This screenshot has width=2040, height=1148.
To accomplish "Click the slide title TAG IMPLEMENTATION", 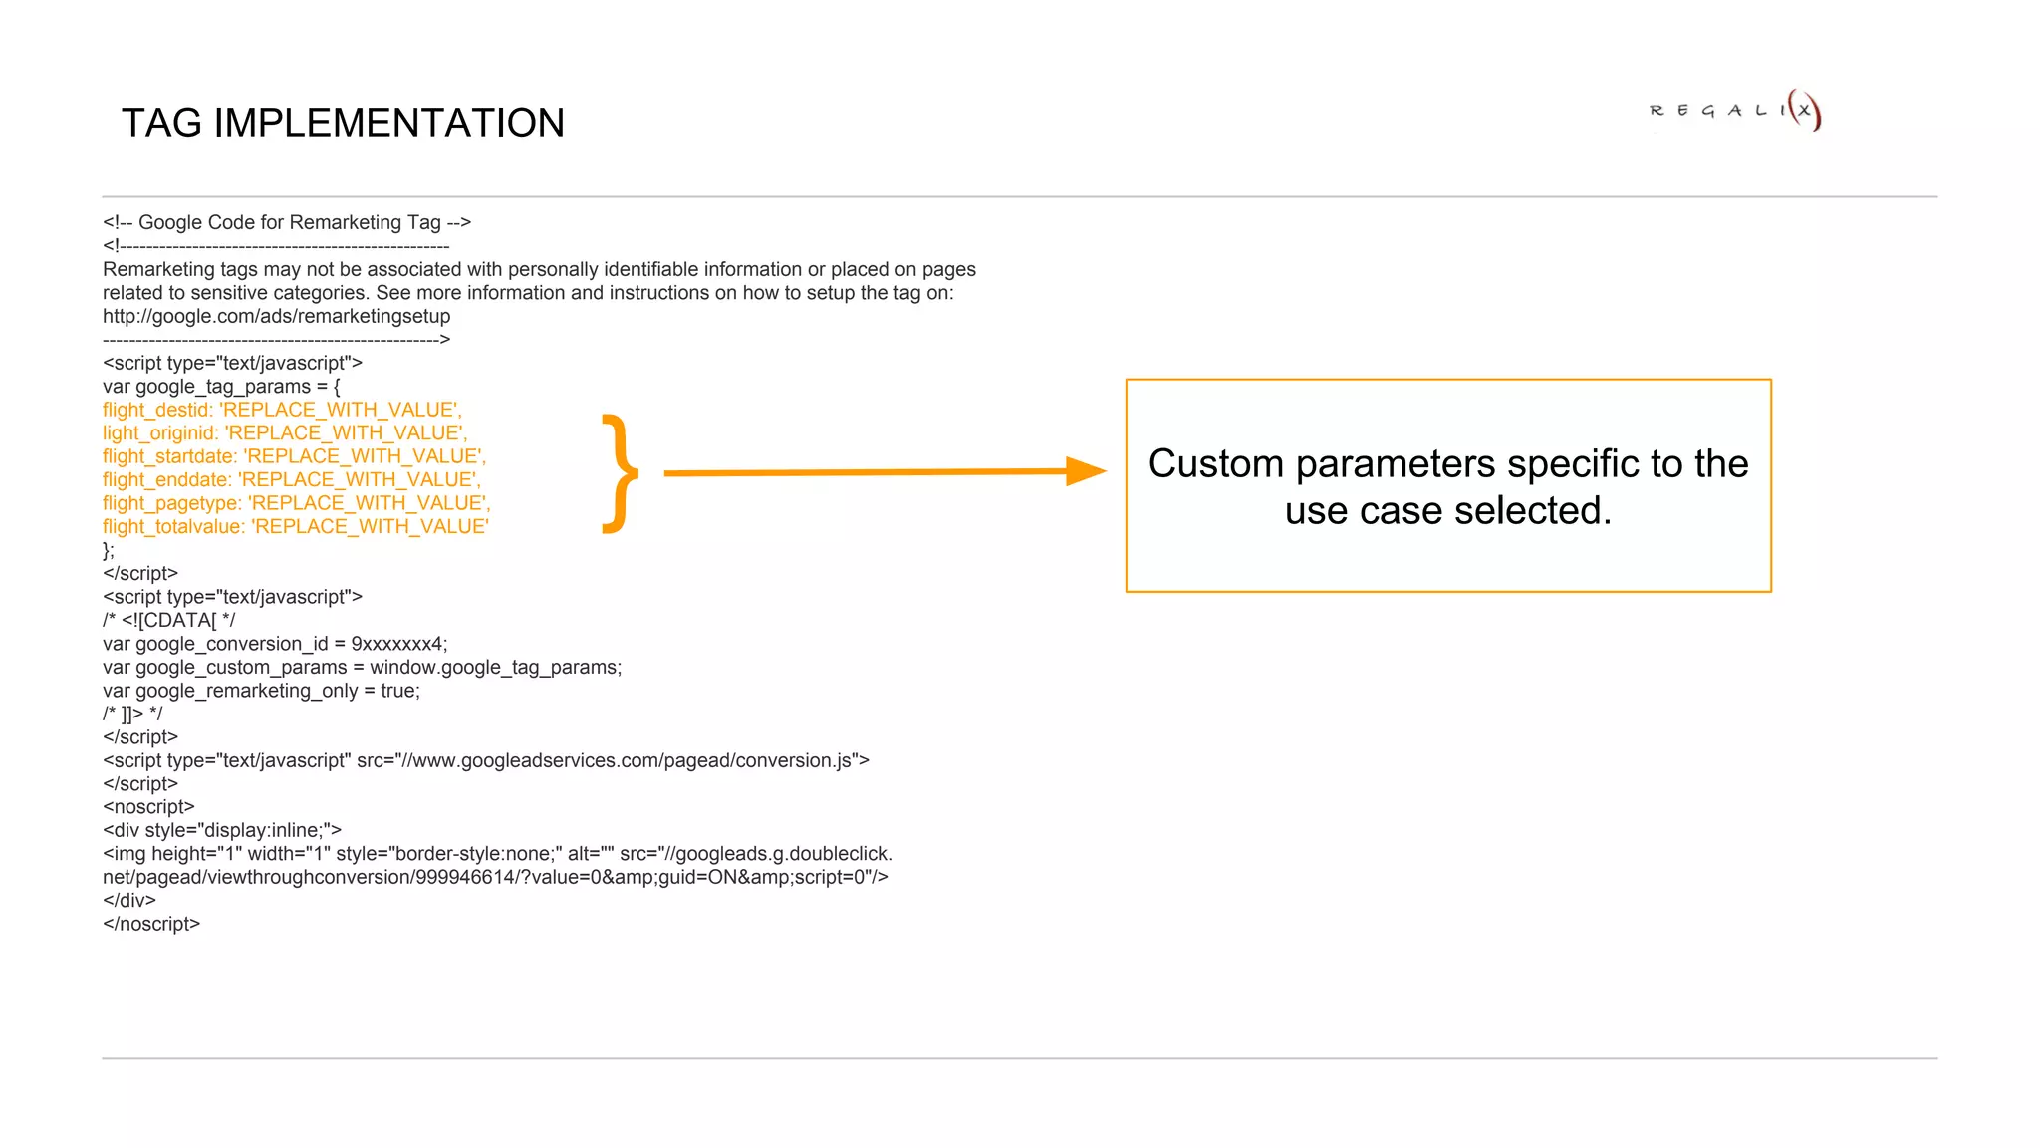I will tap(343, 123).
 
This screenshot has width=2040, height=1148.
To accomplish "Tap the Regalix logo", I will tap(1734, 110).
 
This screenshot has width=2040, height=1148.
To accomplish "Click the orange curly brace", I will tap(620, 473).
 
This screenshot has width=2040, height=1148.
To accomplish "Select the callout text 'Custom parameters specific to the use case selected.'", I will tap(1447, 486).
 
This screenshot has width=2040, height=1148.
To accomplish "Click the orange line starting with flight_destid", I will tap(282, 410).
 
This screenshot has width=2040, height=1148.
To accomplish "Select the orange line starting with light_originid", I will tap(285, 433).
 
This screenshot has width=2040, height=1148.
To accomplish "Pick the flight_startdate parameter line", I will tap(294, 456).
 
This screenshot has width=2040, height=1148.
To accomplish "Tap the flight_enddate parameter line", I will tap(291, 480).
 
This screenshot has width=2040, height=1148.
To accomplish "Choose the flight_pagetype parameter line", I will tap(296, 503).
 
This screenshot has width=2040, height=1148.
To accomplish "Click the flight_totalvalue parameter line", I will tap(295, 527).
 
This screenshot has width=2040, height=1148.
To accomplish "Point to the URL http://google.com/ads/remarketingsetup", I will tap(276, 316).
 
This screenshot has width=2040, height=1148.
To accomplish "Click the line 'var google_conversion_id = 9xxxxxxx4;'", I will tap(275, 644).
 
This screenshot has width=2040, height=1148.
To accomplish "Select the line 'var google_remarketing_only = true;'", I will tap(261, 691).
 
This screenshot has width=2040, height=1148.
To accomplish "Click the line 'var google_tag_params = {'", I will tap(221, 387).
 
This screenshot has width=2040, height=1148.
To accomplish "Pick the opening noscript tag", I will tap(148, 807).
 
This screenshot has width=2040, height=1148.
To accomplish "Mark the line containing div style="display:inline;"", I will tap(222, 830).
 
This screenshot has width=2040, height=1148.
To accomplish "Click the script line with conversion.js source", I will tap(485, 760).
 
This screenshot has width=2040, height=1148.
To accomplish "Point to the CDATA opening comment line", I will tap(168, 620).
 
